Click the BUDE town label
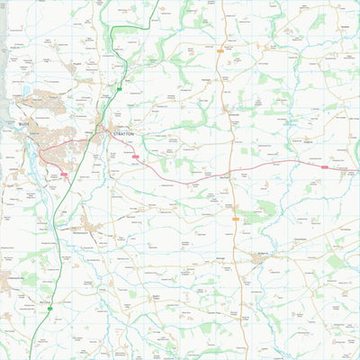(23, 124)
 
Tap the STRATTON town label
(123, 133)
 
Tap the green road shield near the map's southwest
(51, 309)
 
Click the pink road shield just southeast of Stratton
(137, 157)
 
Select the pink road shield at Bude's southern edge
(64, 175)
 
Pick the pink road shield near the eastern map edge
(325, 167)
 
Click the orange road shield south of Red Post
(236, 219)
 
